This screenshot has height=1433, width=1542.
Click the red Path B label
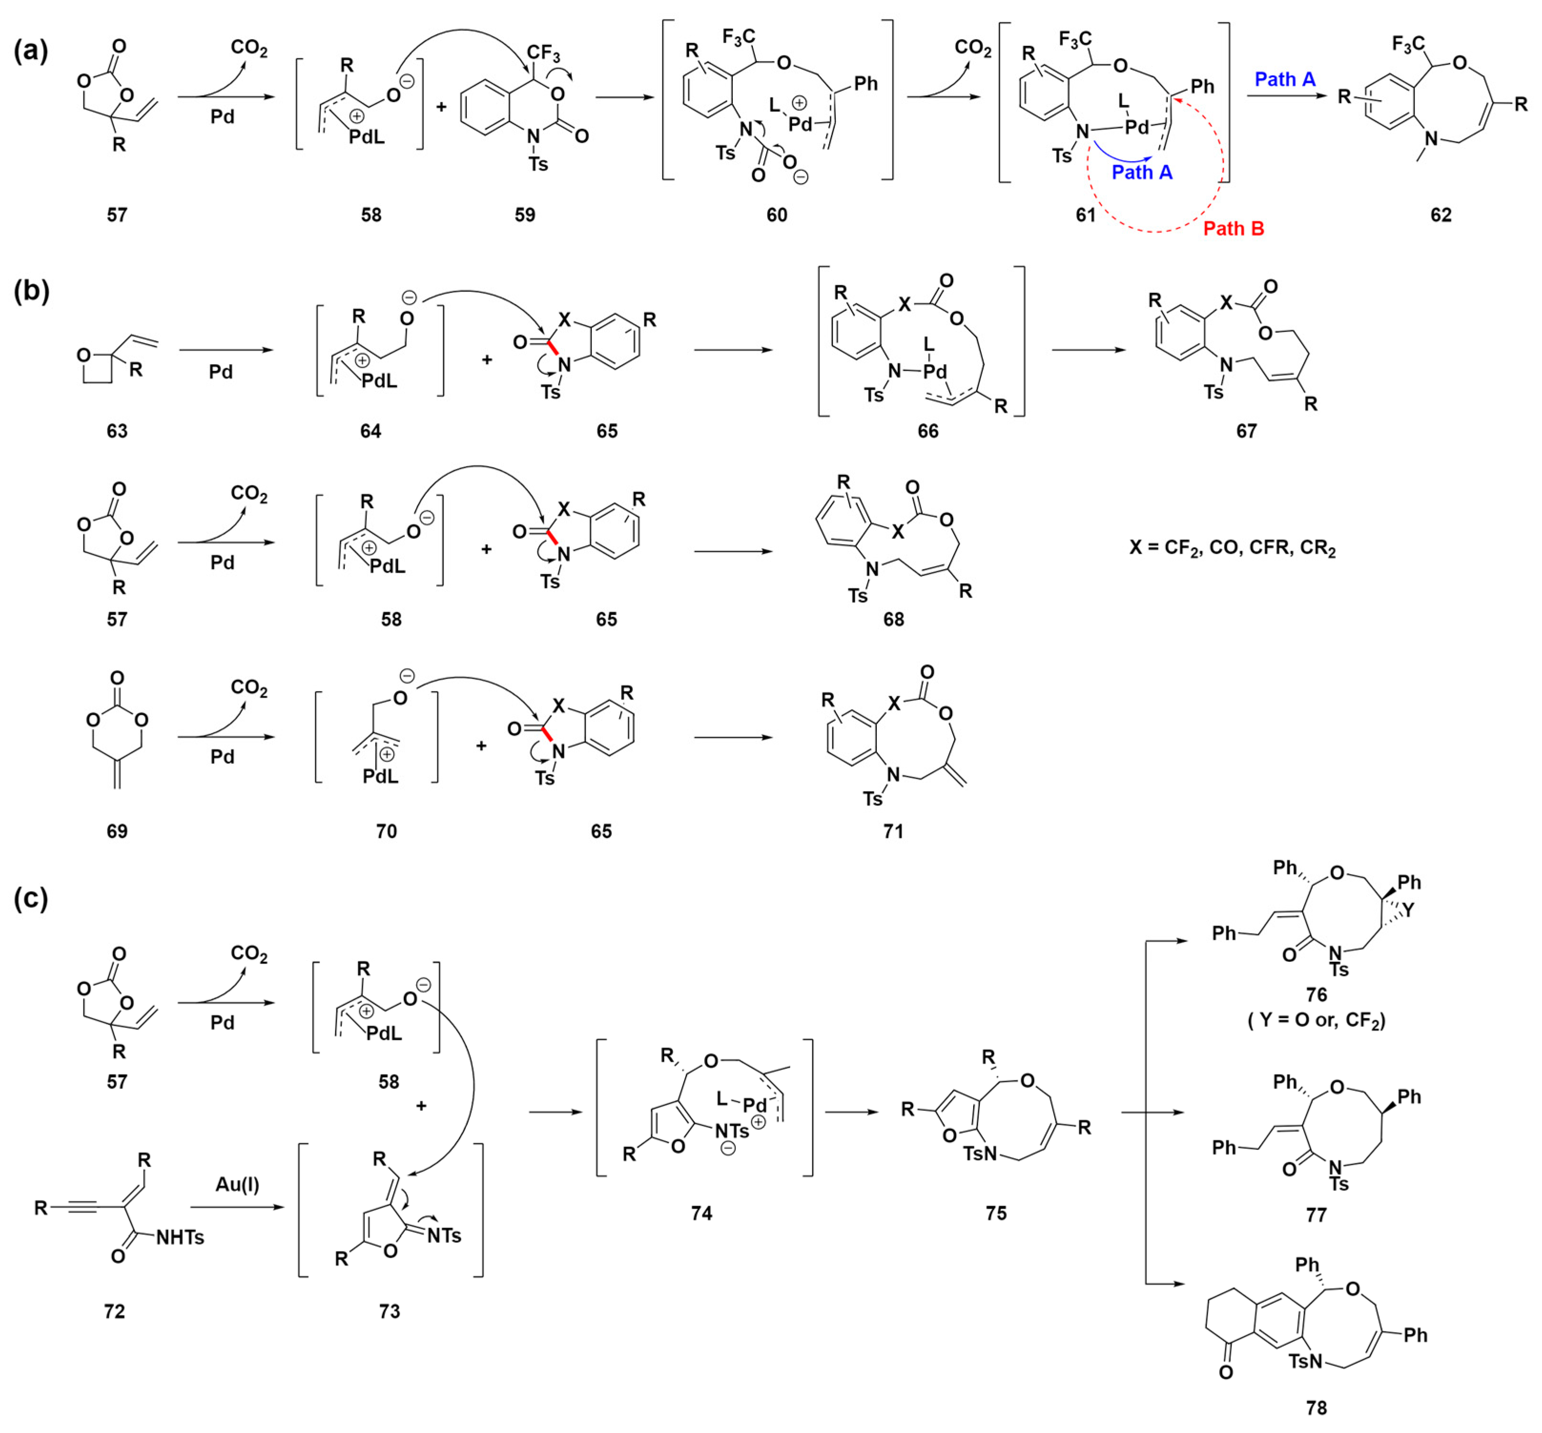1234,229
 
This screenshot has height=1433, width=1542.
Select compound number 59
525,215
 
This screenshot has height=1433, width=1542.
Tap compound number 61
1085,215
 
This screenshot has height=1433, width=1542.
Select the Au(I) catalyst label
237,1184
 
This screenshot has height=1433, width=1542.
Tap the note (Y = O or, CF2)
1316,1020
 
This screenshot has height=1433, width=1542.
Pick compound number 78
1316,1407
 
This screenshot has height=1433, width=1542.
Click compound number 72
115,1311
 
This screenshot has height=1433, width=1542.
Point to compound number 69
117,831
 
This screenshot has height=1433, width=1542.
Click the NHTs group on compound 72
179,1238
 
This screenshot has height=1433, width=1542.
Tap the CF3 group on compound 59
543,53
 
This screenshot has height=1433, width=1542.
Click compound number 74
701,1214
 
